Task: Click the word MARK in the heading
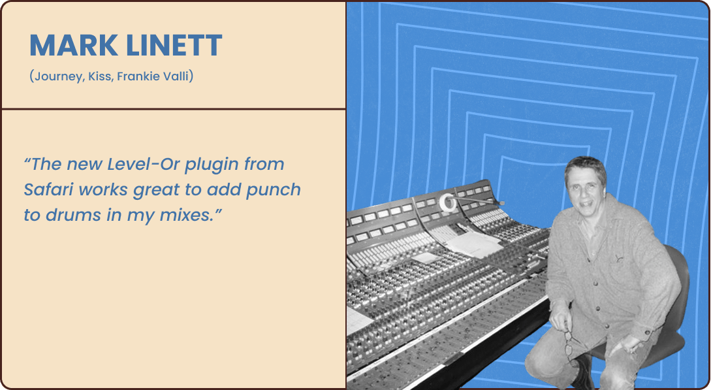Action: click(74, 45)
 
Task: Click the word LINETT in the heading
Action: click(174, 45)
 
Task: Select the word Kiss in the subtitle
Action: click(100, 76)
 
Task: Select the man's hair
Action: click(585, 167)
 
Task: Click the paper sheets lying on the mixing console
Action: click(471, 242)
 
